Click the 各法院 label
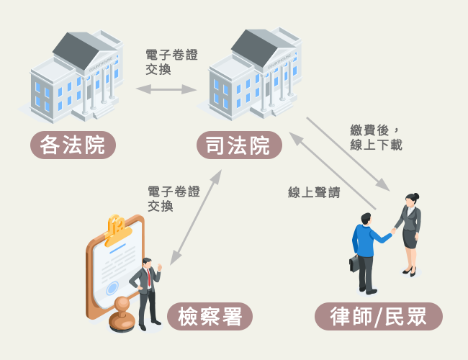[x=73, y=145]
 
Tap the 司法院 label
[x=238, y=145]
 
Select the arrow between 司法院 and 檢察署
[x=194, y=216]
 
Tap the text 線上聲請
[x=314, y=192]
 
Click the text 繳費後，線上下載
[x=376, y=138]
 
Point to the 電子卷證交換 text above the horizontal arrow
[x=171, y=61]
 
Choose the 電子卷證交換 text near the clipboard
[x=174, y=199]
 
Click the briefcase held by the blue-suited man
[x=354, y=263]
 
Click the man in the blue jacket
[x=366, y=252]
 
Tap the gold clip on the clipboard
[x=116, y=229]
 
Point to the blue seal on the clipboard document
[x=112, y=288]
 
